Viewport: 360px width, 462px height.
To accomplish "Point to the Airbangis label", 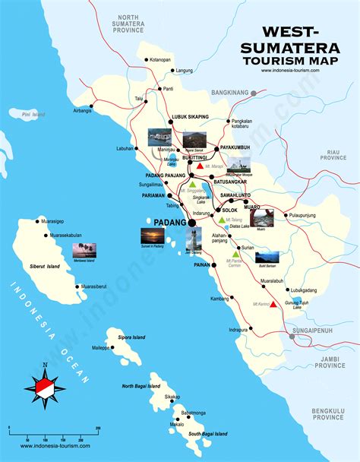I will tap(81, 110).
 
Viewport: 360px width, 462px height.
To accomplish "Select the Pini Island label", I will tap(33, 115).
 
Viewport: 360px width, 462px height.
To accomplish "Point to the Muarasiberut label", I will tap(98, 287).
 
